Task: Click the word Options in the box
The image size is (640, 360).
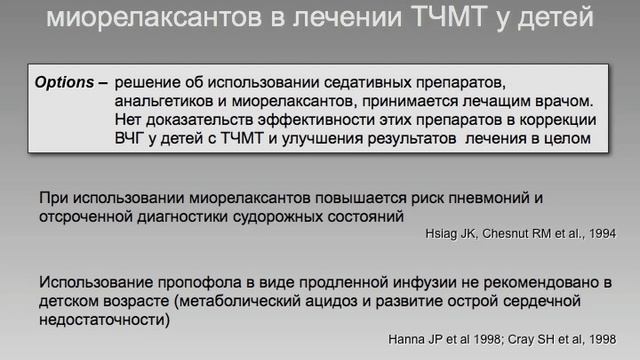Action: (65, 78)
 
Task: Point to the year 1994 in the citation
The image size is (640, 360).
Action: (599, 234)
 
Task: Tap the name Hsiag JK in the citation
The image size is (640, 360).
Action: (446, 234)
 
